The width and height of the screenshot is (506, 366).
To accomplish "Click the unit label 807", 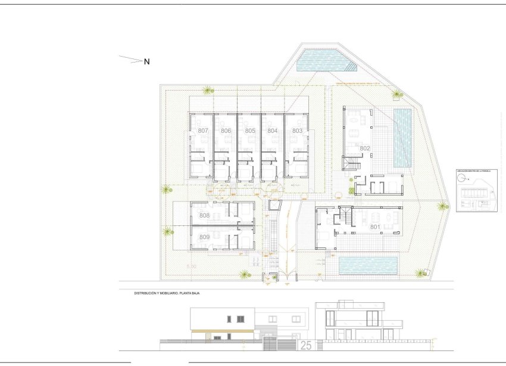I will pyautogui.click(x=202, y=131).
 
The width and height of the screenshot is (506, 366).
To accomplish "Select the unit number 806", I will pyautogui.click(x=226, y=131).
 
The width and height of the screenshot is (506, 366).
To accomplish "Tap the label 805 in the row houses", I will pyautogui.click(x=249, y=131).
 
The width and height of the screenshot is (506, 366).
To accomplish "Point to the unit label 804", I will pyautogui.click(x=273, y=131).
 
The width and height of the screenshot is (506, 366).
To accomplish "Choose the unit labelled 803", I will pyautogui.click(x=297, y=131).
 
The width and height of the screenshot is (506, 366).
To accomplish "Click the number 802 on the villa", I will pyautogui.click(x=365, y=148).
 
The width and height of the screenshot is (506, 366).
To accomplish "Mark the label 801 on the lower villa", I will pyautogui.click(x=374, y=227).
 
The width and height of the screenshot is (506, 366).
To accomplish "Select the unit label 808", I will pyautogui.click(x=204, y=215).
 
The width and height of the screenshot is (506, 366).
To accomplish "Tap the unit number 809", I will pyautogui.click(x=204, y=237).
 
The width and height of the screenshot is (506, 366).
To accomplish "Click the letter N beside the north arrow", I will pyautogui.click(x=146, y=61).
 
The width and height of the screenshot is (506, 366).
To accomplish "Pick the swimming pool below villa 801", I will pyautogui.click(x=368, y=265).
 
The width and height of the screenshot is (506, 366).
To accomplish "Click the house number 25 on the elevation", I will pyautogui.click(x=306, y=345).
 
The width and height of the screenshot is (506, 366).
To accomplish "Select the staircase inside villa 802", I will pyautogui.click(x=352, y=163).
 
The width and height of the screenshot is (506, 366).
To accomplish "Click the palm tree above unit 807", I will pyautogui.click(x=207, y=91).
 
